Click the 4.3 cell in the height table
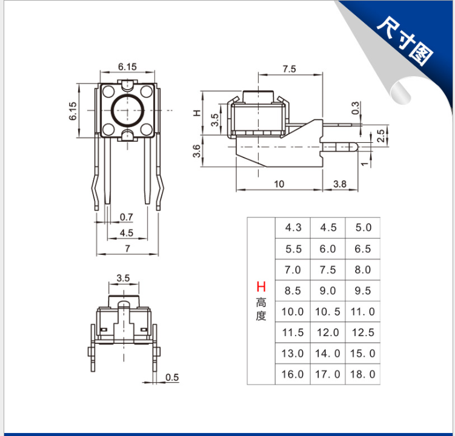tap(293, 228)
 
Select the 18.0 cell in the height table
tap(363, 374)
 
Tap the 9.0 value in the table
tap(328, 291)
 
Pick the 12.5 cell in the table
tap(363, 332)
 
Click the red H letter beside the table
tap(261, 286)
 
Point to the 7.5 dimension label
tap(290, 69)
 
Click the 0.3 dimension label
tap(355, 108)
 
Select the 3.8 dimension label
tap(339, 184)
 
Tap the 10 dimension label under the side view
tap(279, 184)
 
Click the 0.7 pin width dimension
tap(126, 217)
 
